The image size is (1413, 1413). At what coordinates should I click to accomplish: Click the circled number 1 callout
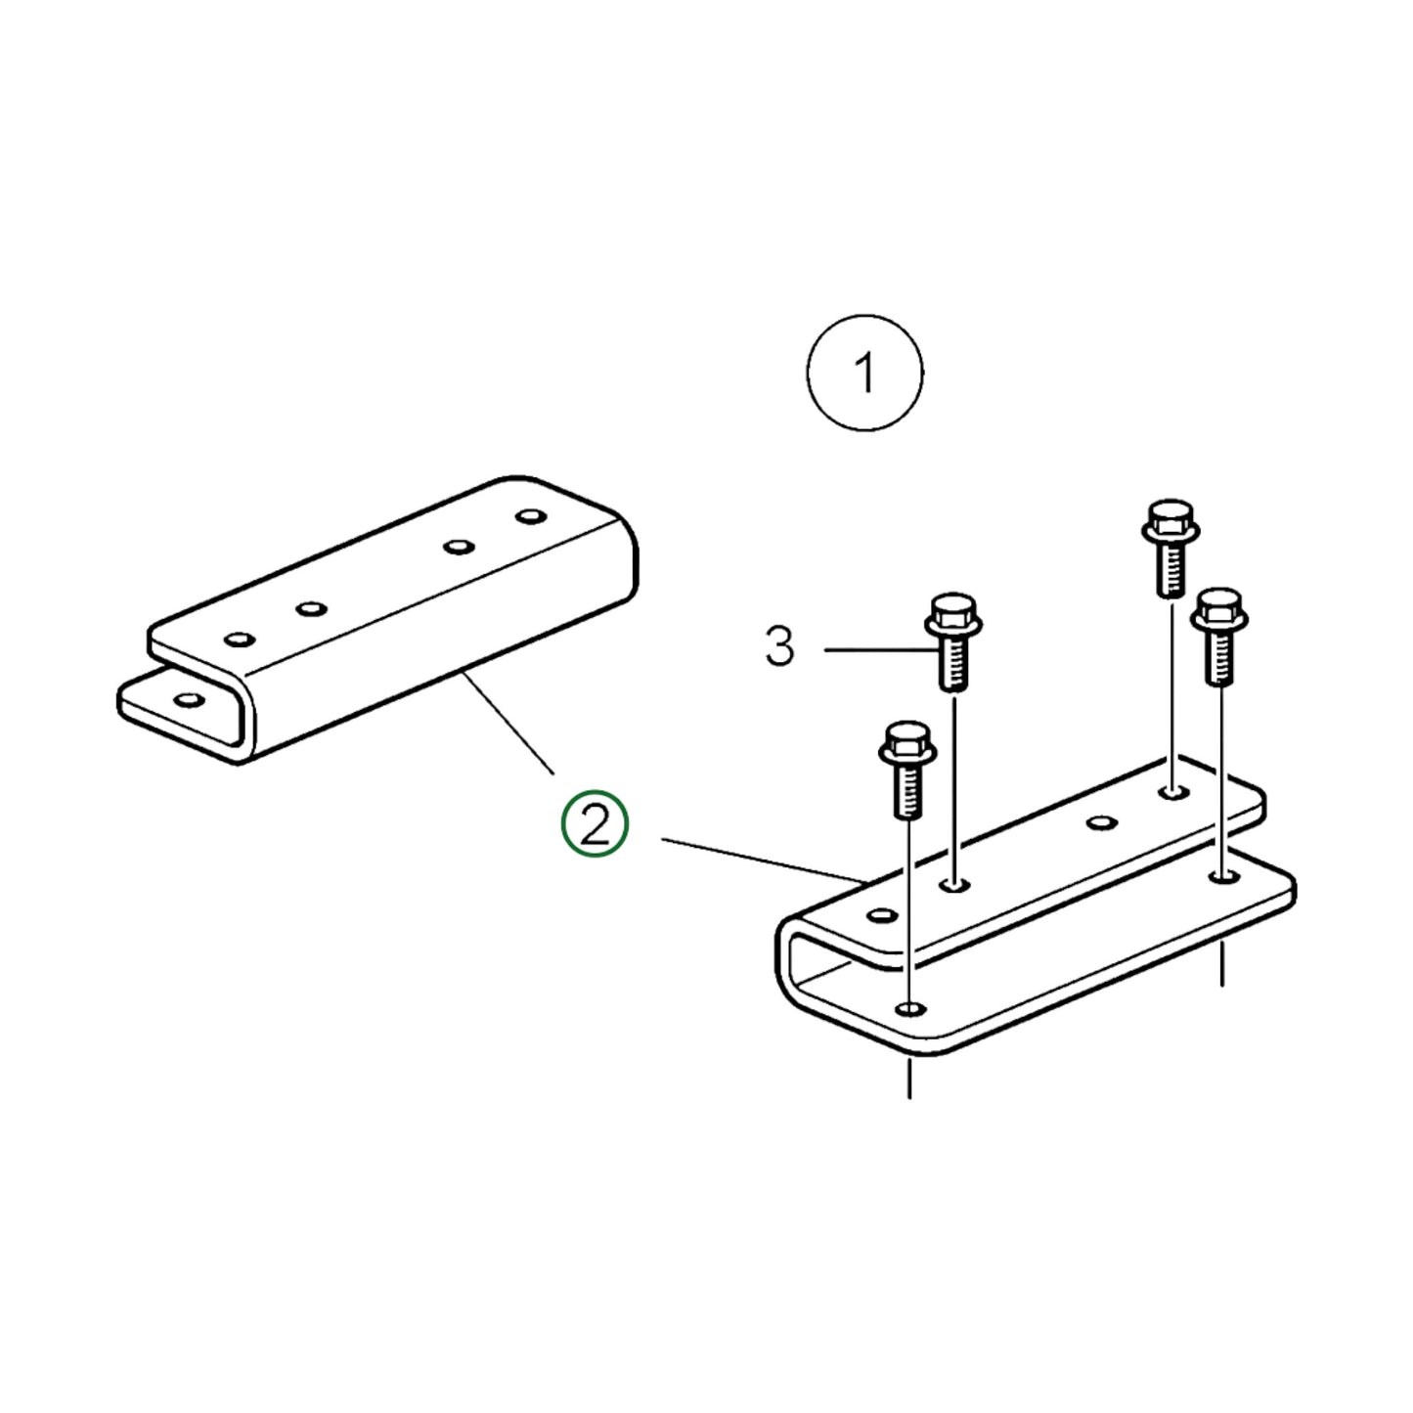(864, 373)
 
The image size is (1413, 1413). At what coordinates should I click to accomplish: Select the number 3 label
(779, 646)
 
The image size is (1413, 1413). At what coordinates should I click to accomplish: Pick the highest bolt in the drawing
(1170, 547)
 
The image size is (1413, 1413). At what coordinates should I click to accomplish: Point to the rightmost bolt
(1218, 636)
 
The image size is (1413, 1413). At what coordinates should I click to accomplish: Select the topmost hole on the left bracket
(530, 514)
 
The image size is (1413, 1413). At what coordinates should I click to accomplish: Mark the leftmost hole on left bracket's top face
(239, 640)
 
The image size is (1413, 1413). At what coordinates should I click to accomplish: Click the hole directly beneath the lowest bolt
(911, 1007)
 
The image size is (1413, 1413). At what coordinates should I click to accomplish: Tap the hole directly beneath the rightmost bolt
(1221, 878)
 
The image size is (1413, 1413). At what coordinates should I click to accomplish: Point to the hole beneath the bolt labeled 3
(954, 885)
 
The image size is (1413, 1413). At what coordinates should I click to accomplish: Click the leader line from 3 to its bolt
(875, 649)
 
